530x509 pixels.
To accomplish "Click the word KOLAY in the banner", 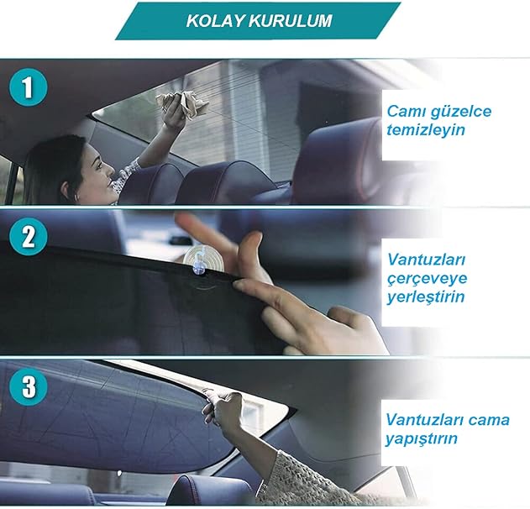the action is pos(215,21).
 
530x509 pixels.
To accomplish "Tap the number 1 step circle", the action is pos(28,87).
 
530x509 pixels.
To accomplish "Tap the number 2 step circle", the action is pos(28,236).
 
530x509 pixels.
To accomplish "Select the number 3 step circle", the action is pos(28,386).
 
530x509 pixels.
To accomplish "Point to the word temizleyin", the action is pos(426,130).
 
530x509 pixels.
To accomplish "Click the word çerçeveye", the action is pos(427,279).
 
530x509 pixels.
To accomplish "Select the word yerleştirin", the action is pos(426,296).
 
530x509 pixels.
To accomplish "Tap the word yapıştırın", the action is pos(421,438).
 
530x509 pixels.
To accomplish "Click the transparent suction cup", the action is pos(203,257).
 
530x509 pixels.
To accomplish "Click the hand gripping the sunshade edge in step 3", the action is pos(223,407).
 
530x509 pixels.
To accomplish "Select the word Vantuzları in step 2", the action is pos(426,260).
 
